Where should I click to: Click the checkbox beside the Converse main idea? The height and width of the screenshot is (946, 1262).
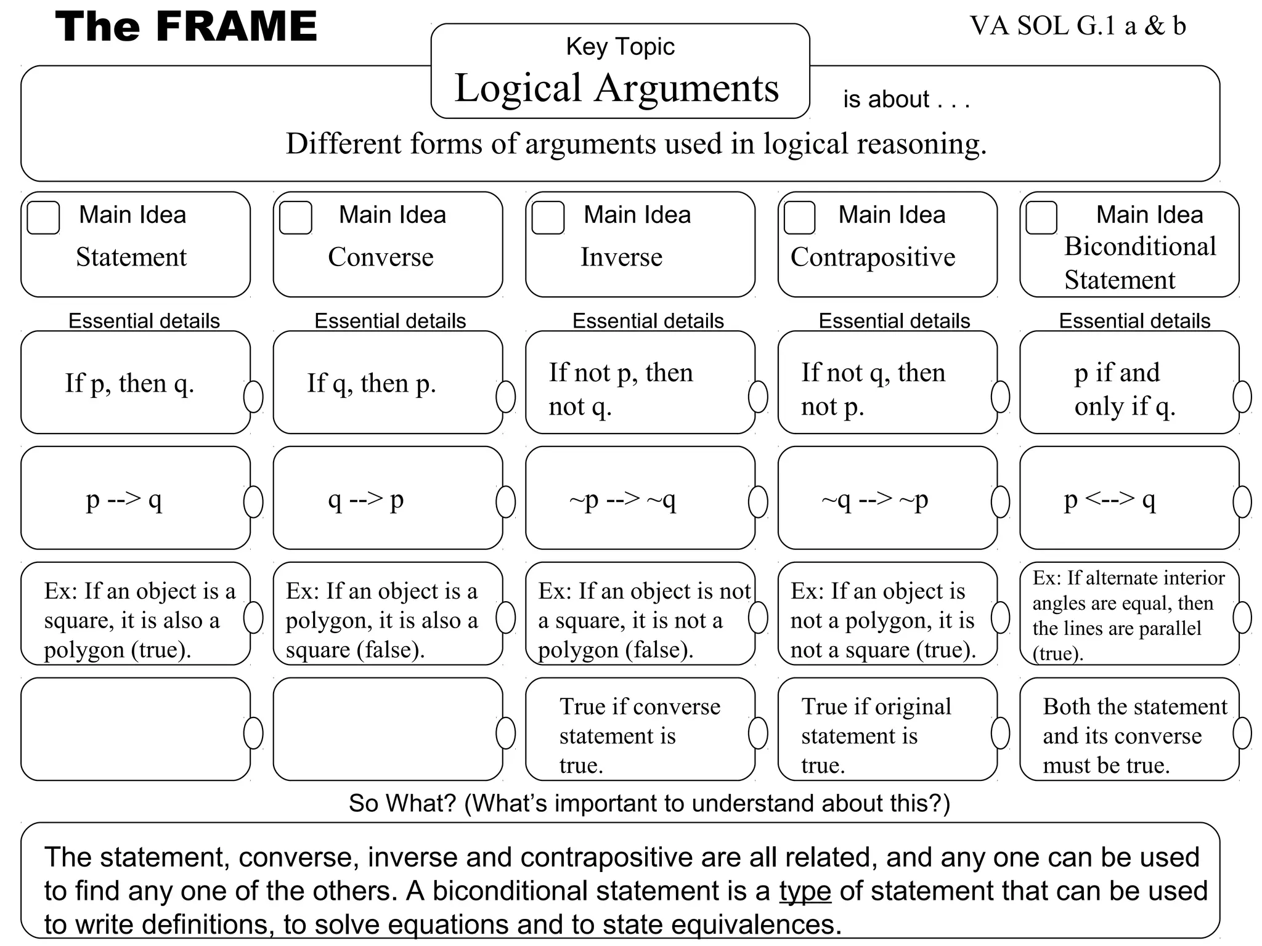pos(295,217)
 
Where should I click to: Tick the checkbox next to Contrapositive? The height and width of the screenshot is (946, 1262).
pos(799,217)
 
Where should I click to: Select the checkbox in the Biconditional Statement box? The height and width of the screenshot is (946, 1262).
pos(1041,217)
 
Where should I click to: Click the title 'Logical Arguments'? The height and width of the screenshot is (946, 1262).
pos(617,87)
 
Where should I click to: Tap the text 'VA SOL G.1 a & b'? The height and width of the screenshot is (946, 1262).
pos(1078,26)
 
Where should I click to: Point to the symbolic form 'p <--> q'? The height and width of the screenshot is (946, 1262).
pos(1110,499)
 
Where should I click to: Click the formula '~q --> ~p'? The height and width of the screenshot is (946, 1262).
pos(874,499)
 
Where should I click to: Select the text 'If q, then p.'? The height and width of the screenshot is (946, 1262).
pos(372,383)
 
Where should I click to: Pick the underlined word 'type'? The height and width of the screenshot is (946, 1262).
pos(805,891)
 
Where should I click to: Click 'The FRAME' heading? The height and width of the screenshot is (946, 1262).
pos(186,26)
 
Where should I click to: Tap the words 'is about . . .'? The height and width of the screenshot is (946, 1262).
pos(906,99)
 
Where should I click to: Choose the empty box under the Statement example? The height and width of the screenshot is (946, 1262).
pos(135,729)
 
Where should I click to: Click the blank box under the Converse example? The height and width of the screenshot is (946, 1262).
pos(388,729)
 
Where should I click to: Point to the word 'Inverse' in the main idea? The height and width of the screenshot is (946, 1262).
pos(621,257)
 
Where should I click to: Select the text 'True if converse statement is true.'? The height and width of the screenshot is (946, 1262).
pos(639,735)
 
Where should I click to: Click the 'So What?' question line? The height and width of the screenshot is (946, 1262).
pos(649,803)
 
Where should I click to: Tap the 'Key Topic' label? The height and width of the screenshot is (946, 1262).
pos(620,47)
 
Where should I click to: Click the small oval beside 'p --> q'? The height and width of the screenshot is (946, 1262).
pos(253,501)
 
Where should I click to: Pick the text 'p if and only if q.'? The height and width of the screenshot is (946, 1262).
pos(1125,389)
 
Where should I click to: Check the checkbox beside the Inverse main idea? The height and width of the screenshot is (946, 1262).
pos(548,217)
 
